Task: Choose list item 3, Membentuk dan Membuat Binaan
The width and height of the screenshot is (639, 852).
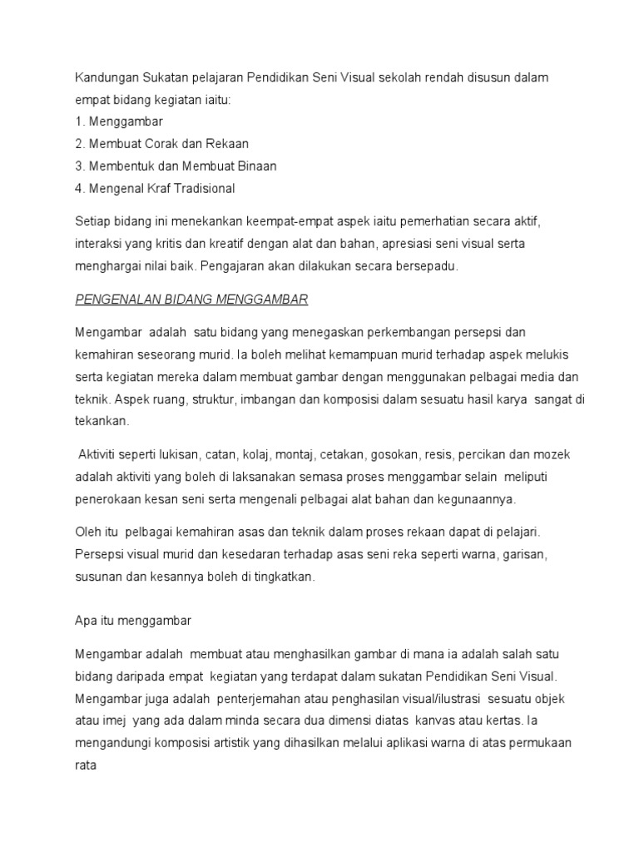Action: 176,166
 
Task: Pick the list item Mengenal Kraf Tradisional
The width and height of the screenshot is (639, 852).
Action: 155,189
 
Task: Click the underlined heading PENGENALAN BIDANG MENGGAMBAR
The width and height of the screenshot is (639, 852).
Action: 193,300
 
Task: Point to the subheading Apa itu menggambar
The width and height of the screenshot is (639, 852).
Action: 133,620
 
